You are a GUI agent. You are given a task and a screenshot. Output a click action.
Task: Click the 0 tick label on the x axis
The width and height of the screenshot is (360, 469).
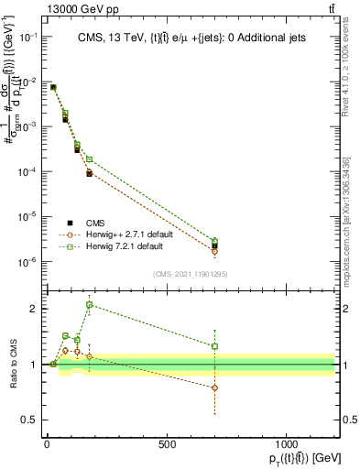[47, 443]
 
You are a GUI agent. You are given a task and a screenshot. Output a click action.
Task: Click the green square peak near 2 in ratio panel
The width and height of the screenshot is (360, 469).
[90, 305]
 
